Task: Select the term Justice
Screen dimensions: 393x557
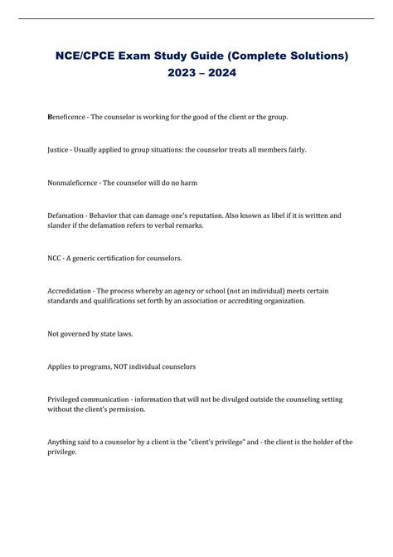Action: pos(62,150)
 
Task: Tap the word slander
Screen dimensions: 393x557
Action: pos(61,225)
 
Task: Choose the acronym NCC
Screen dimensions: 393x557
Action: pos(56,258)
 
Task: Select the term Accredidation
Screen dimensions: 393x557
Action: pos(73,290)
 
